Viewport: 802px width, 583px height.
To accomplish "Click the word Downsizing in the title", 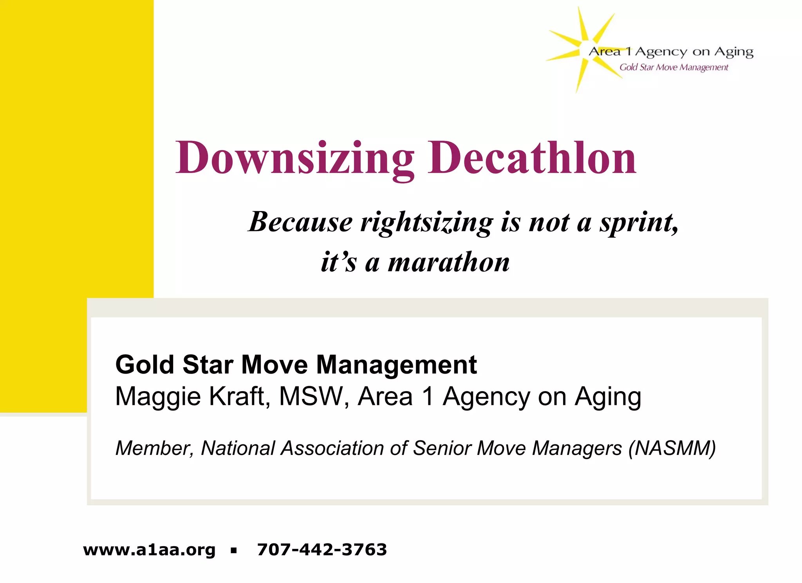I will click(294, 158).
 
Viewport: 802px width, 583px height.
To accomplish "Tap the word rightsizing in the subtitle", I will click(427, 222).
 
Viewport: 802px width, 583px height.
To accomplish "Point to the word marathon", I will click(449, 262).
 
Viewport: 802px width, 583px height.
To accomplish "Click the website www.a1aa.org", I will click(149, 550).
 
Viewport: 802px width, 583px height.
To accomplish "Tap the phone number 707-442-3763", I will click(322, 550).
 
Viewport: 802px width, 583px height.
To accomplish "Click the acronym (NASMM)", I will click(672, 448).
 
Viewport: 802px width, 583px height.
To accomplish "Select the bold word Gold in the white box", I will click(145, 365).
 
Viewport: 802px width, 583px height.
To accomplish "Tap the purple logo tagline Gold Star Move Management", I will click(674, 67).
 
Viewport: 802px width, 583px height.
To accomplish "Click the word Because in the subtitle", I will click(300, 222).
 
